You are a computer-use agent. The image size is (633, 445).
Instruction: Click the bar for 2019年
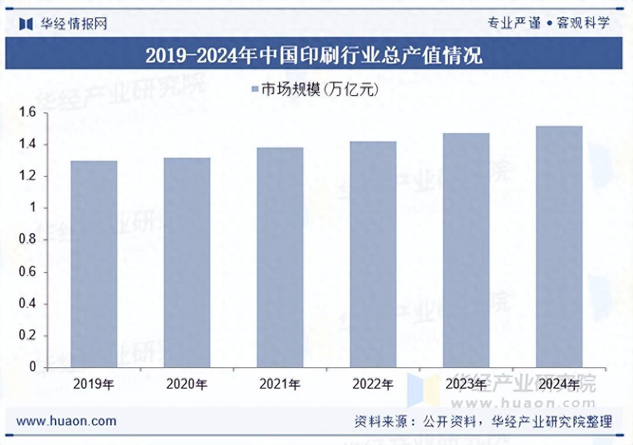(94, 264)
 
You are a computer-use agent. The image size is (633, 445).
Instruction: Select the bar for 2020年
(187, 262)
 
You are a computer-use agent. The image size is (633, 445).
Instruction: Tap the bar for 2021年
(280, 257)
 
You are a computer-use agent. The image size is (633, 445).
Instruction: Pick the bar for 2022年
(373, 254)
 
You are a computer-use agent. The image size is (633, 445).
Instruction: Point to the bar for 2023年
(466, 250)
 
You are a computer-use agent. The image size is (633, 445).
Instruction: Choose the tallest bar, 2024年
(559, 247)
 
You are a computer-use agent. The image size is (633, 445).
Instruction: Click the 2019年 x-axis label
(94, 384)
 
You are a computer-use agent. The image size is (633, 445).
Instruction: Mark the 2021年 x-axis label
(280, 384)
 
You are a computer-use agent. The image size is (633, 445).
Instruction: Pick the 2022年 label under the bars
(373, 384)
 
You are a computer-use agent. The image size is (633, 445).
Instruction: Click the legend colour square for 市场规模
(255, 90)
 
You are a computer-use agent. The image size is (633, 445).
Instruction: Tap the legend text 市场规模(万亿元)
(320, 90)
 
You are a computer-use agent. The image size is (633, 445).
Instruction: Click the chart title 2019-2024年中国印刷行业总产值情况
(313, 55)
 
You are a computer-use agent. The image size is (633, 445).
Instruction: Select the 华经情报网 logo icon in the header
(26, 24)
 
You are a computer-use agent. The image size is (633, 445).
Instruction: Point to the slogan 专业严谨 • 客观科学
(549, 23)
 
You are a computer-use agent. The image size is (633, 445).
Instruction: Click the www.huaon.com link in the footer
(66, 421)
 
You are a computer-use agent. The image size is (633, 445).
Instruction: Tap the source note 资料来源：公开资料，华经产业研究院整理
(483, 422)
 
